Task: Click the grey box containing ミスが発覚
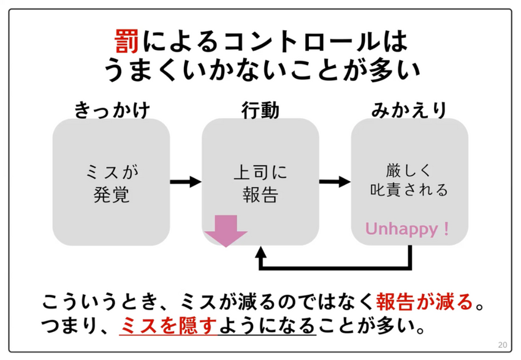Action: [111, 182]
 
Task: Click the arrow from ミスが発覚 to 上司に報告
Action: [185, 182]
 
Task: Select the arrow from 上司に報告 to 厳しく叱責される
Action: [335, 182]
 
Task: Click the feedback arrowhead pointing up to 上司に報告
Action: [261, 252]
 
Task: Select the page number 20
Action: [503, 344]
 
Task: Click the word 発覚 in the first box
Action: [111, 195]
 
